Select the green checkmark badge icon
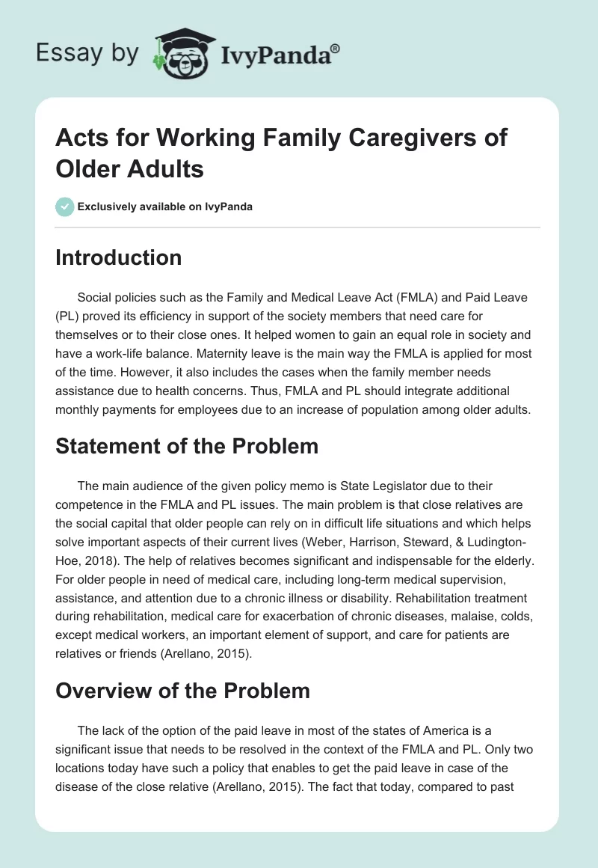pos(64,207)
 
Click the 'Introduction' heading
pos(119,257)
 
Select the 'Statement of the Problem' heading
pos(187,446)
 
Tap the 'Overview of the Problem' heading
pos(182,691)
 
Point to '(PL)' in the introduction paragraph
pos(69,317)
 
